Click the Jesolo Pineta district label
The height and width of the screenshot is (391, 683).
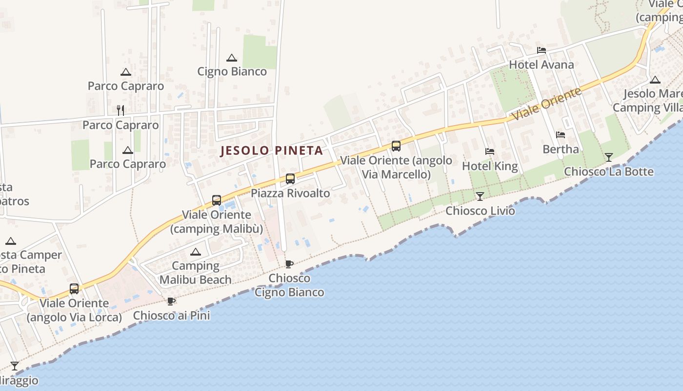tap(272, 150)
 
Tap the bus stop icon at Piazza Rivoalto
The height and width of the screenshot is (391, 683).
tap(290, 179)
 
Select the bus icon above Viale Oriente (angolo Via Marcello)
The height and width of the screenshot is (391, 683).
tap(396, 146)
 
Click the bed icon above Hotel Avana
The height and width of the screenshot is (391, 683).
tap(541, 50)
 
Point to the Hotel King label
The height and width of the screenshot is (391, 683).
tap(490, 166)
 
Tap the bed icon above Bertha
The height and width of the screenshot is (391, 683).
tap(561, 134)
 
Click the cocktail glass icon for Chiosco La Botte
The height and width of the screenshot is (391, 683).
tap(608, 157)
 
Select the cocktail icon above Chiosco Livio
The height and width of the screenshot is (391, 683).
tap(480, 196)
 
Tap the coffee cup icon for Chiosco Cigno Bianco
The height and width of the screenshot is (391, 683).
tap(289, 264)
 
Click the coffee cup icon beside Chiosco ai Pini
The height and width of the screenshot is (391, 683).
tap(171, 301)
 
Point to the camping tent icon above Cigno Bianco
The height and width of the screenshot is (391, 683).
tap(232, 58)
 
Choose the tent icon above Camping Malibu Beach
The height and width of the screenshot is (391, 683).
tap(196, 252)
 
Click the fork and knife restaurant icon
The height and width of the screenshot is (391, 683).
tap(121, 110)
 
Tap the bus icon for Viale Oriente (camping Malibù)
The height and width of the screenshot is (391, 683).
tap(217, 200)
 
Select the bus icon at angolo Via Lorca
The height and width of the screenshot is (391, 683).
tap(74, 289)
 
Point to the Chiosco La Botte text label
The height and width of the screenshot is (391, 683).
tap(608, 172)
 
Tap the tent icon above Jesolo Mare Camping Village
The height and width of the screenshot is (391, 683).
tap(655, 80)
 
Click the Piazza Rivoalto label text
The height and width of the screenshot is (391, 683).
tap(290, 193)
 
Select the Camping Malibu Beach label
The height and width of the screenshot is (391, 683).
tap(196, 273)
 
